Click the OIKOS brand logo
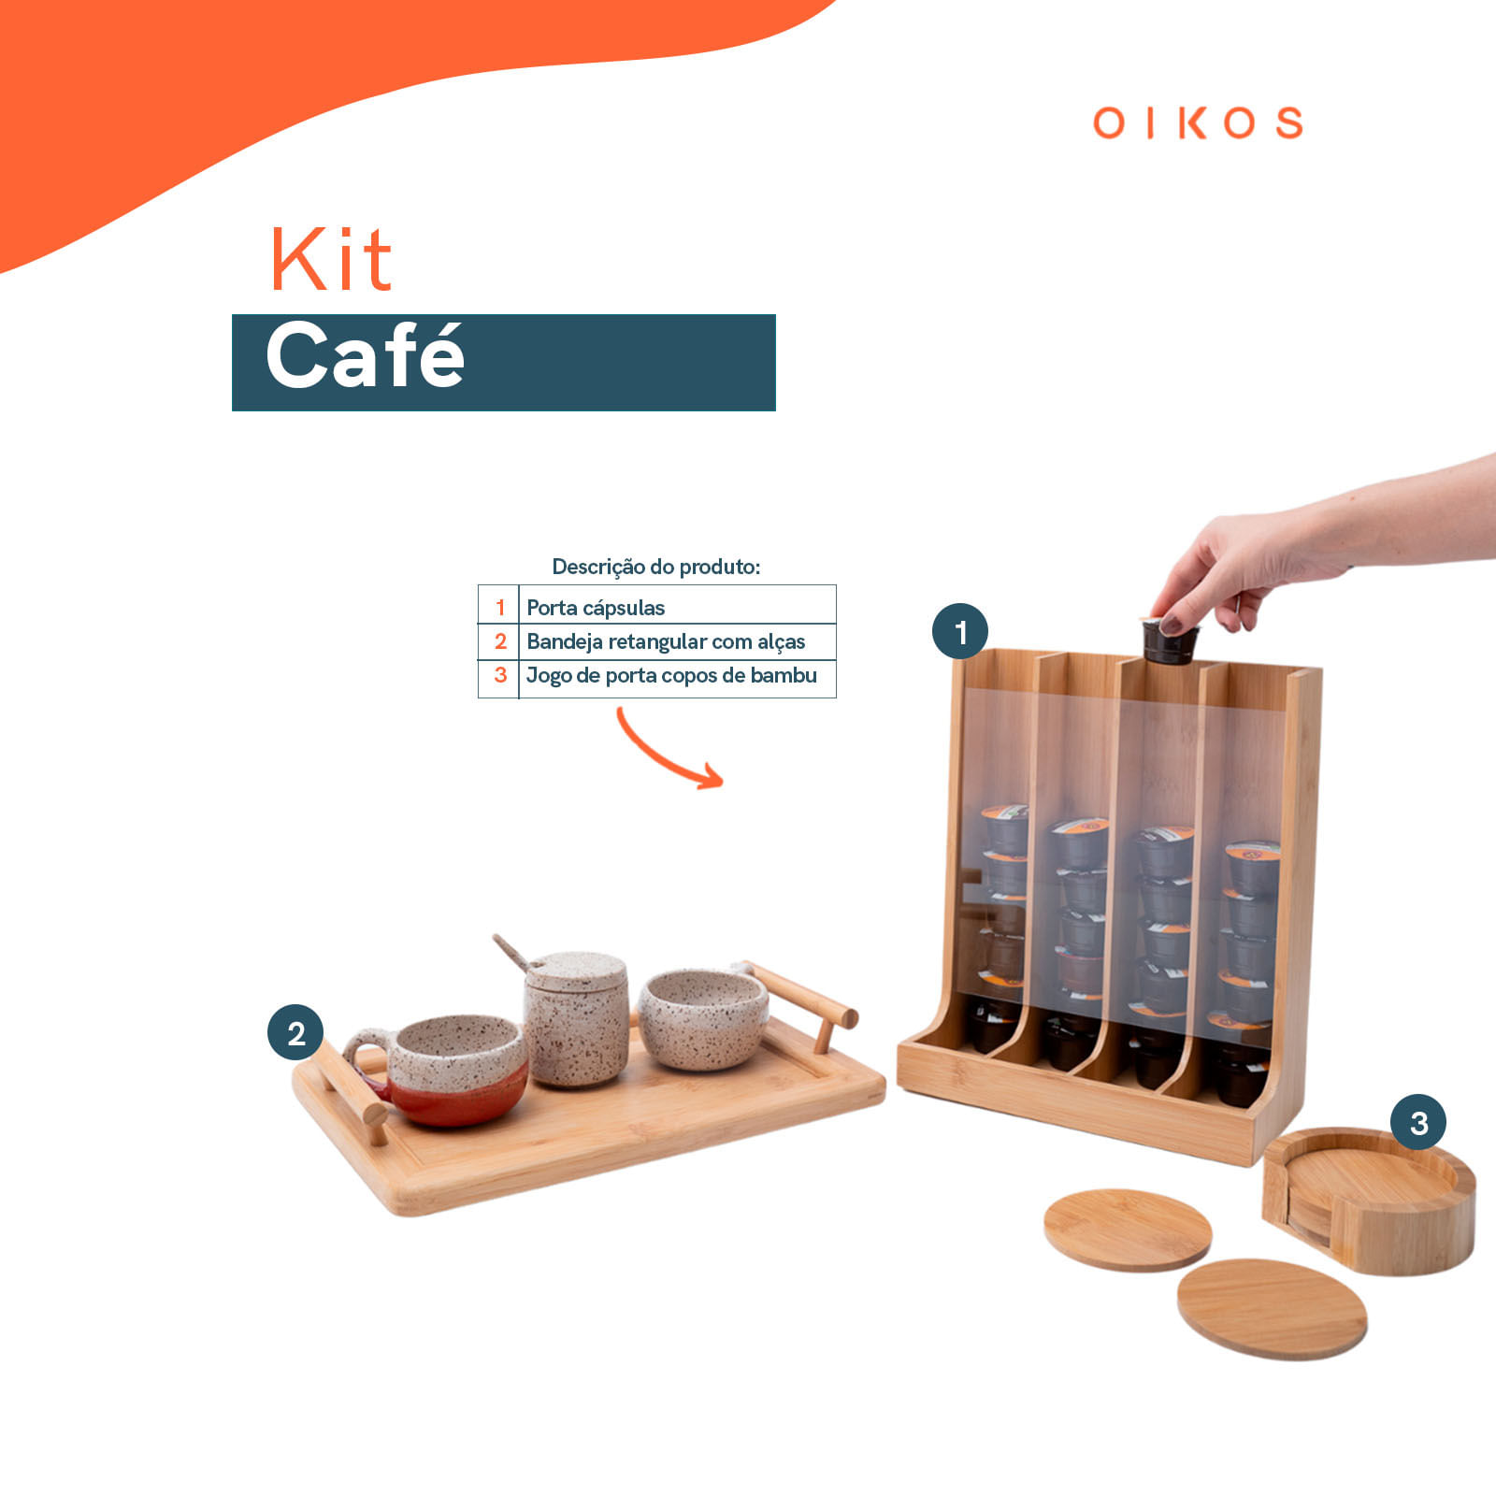click(x=1198, y=122)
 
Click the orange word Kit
click(x=331, y=260)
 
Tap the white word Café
click(x=365, y=356)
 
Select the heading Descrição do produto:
click(x=655, y=567)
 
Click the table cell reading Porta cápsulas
click(x=596, y=608)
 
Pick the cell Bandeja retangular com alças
click(x=666, y=641)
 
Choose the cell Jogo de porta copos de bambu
click(x=671, y=675)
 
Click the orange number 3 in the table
click(x=500, y=675)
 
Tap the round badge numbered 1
click(x=960, y=632)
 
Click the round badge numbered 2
click(x=295, y=1033)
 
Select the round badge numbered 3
click(x=1418, y=1122)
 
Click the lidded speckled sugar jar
click(x=575, y=1019)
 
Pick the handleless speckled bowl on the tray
click(x=703, y=1019)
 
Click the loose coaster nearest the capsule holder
click(x=1127, y=1228)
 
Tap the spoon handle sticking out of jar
click(x=511, y=952)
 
